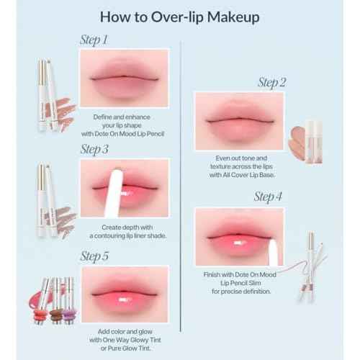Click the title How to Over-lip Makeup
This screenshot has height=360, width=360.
point(181,15)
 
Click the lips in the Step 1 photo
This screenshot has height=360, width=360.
point(125,79)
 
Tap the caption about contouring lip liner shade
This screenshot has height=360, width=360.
point(125,230)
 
